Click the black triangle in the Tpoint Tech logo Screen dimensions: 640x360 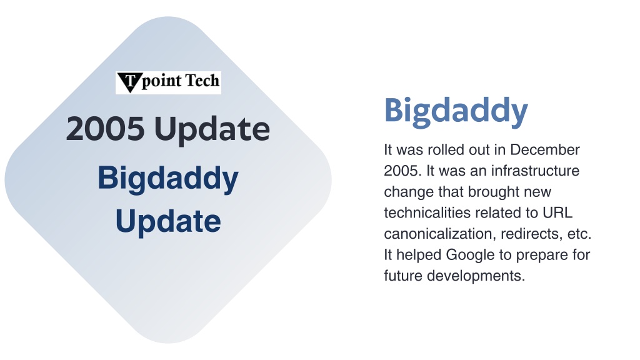[130, 82]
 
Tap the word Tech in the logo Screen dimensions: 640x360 [202, 81]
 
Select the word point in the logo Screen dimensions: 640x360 [162, 81]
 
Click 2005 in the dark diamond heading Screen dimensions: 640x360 [105, 129]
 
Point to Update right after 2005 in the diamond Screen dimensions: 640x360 [212, 130]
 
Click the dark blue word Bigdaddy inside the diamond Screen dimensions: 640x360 [167, 179]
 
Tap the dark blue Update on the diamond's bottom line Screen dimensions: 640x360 [168, 222]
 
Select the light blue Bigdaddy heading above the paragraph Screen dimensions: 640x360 [456, 111]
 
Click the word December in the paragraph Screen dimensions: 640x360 [545, 150]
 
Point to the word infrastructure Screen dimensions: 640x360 [535, 171]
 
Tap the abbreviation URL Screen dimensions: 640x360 [557, 212]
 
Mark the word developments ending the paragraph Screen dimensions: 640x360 [476, 276]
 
